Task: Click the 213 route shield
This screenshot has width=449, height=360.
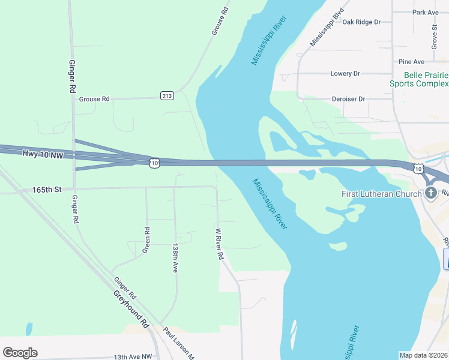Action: coord(167,96)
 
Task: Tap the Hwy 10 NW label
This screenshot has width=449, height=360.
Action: coord(43,155)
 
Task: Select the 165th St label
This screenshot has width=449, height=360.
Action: coord(47,190)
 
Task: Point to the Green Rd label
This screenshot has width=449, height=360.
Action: coord(146,239)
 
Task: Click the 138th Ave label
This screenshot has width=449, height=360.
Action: coord(175,258)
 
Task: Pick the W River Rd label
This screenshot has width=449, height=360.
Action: coord(219,243)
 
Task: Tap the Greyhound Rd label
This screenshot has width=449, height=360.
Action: coord(131,309)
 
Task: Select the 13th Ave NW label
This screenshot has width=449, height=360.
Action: coord(133,356)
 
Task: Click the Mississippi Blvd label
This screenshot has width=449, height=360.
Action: coord(327,27)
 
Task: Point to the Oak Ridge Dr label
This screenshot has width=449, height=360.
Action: coord(361,22)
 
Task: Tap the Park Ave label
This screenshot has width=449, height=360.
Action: coord(426,12)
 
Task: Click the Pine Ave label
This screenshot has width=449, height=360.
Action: coord(411,62)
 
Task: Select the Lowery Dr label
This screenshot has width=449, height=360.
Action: coord(345,73)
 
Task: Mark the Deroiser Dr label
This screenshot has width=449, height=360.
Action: coord(348,98)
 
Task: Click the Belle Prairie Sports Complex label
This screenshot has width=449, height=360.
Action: coord(419,79)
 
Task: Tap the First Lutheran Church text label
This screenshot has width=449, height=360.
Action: coord(380,194)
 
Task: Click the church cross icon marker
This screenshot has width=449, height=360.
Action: coord(430,193)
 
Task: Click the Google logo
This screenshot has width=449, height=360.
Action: coord(20,353)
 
